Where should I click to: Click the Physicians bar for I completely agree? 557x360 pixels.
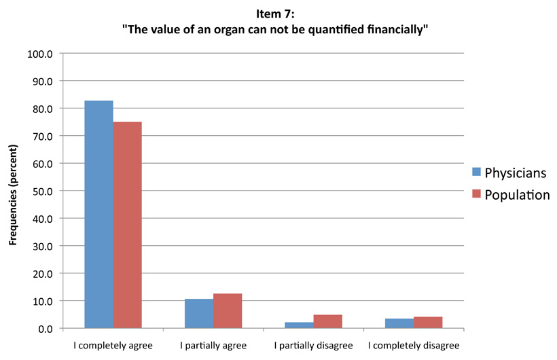tap(98, 214)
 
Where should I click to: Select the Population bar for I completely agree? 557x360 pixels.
tap(127, 225)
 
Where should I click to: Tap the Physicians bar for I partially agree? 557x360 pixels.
tap(199, 313)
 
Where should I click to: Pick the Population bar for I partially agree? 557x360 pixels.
tap(228, 310)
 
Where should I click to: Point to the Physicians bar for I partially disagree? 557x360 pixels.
tap(300, 325)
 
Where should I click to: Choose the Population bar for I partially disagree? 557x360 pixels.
tap(328, 321)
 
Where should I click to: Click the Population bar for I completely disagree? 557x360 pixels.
tap(429, 322)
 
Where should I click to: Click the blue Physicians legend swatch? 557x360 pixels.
tap(475, 173)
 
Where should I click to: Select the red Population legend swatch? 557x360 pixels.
tap(475, 195)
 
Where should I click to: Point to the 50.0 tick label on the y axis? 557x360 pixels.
tap(41, 191)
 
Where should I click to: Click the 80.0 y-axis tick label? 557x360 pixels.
tap(41, 109)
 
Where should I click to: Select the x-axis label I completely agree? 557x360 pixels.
tap(113, 346)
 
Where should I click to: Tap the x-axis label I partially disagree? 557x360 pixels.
tap(314, 346)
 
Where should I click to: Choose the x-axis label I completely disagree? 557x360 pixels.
tap(414, 346)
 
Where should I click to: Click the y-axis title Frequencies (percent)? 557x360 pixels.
tap(12, 192)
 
